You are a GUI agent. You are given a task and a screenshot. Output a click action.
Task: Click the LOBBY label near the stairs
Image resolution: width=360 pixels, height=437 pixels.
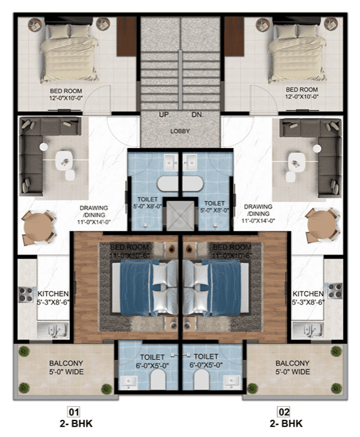coord(180,131)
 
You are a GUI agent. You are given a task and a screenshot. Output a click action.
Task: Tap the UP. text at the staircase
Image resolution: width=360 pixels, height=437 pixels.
coord(165,115)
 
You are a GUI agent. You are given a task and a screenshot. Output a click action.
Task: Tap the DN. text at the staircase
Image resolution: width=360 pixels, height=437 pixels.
coord(195,115)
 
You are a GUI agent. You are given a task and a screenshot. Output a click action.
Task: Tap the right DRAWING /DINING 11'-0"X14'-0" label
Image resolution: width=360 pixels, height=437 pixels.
coord(257,214)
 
